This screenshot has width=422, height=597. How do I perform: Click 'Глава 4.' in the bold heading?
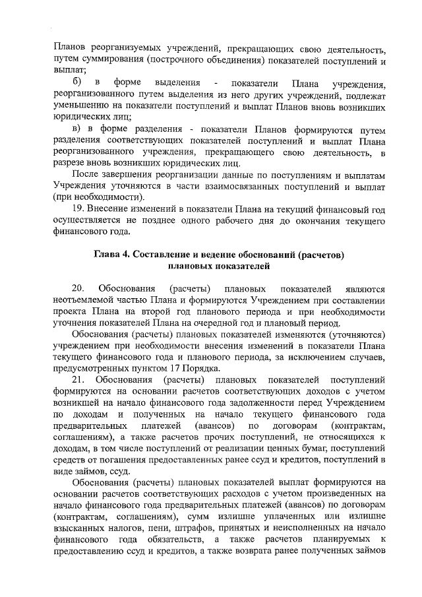[x=113, y=254]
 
